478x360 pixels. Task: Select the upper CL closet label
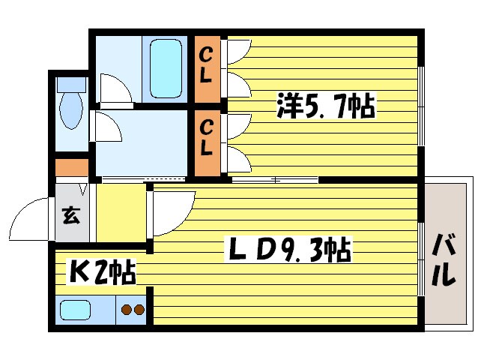tap(206, 66)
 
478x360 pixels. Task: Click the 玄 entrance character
tap(70, 217)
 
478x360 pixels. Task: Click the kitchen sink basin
tap(76, 309)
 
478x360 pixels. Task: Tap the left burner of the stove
tap(126, 309)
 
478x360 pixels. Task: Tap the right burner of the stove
tap(139, 309)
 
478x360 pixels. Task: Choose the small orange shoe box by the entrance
tap(70, 167)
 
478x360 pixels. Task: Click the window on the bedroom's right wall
tap(420, 104)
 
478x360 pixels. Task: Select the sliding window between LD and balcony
tap(420, 255)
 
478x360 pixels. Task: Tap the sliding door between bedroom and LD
tap(273, 180)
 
